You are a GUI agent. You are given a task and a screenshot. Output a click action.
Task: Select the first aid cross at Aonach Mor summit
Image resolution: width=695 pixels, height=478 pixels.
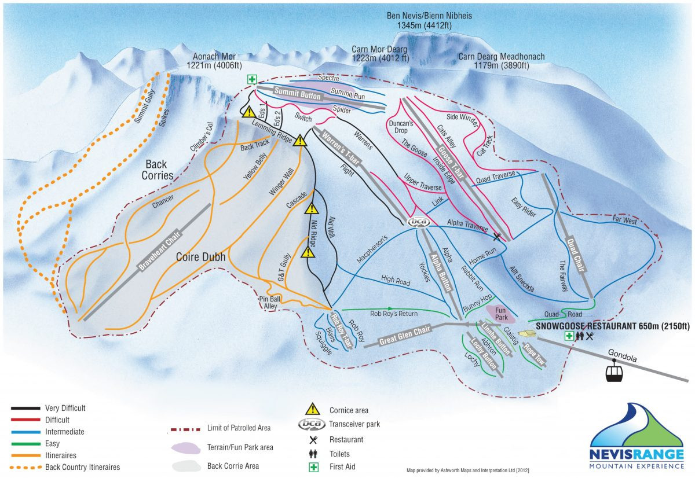(252, 80)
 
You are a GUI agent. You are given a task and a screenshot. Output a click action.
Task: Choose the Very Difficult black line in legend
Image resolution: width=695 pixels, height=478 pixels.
(25, 409)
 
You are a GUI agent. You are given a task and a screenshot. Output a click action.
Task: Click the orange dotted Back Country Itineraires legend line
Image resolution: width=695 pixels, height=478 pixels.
(25, 467)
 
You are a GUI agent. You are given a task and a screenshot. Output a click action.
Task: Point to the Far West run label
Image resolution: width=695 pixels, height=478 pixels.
(624, 220)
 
